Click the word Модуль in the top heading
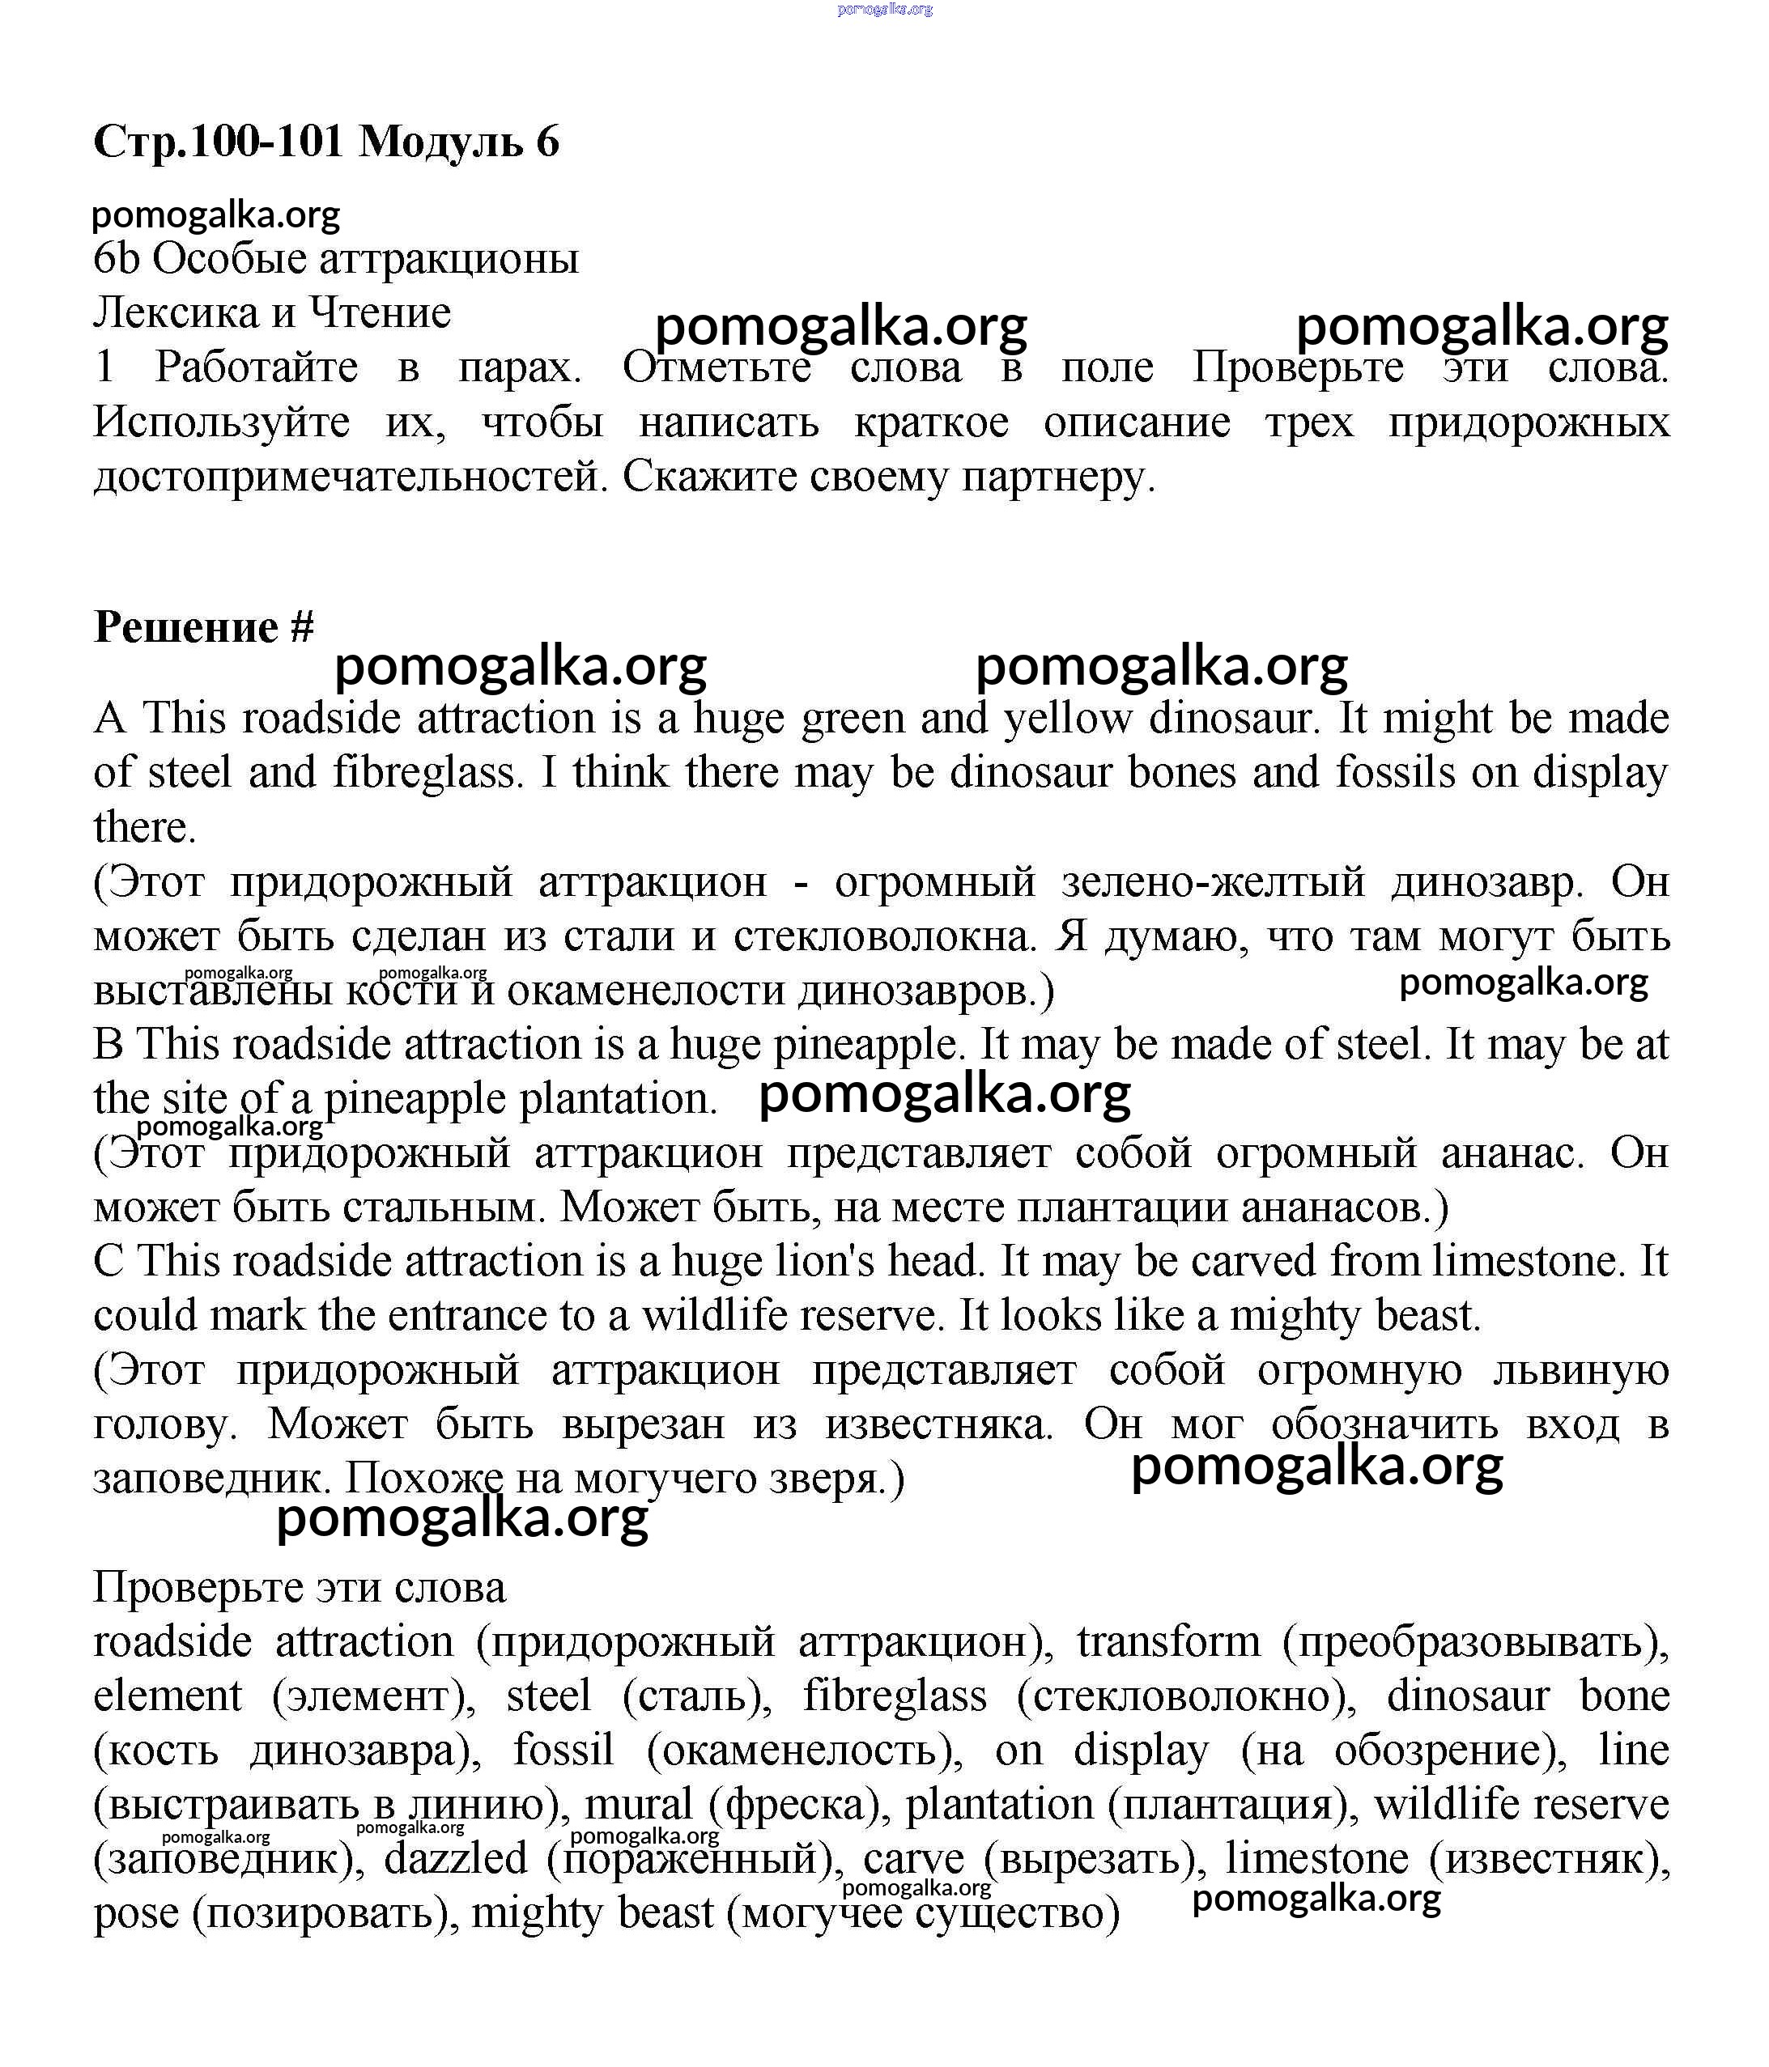click(x=441, y=142)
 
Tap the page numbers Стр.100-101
click(x=219, y=142)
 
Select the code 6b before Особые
click(x=116, y=258)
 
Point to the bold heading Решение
click(x=185, y=626)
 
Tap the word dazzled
click(x=456, y=1857)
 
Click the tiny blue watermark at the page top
click(x=884, y=9)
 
